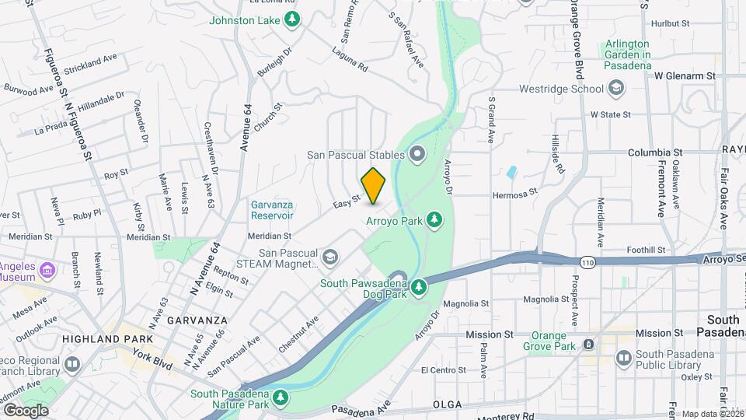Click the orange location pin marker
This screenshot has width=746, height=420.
click(x=374, y=185)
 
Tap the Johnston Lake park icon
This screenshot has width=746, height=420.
click(x=292, y=19)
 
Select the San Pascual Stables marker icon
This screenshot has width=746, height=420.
click(x=417, y=154)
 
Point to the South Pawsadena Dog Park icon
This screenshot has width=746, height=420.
click(x=419, y=288)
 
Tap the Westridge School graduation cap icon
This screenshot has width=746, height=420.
click(x=616, y=89)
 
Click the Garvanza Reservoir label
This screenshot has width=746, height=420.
click(x=271, y=210)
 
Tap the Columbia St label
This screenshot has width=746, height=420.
click(x=654, y=153)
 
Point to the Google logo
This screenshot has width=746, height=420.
click(x=26, y=410)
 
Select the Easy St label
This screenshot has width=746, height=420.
click(x=347, y=201)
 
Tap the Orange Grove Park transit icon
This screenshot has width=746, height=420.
click(x=588, y=344)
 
